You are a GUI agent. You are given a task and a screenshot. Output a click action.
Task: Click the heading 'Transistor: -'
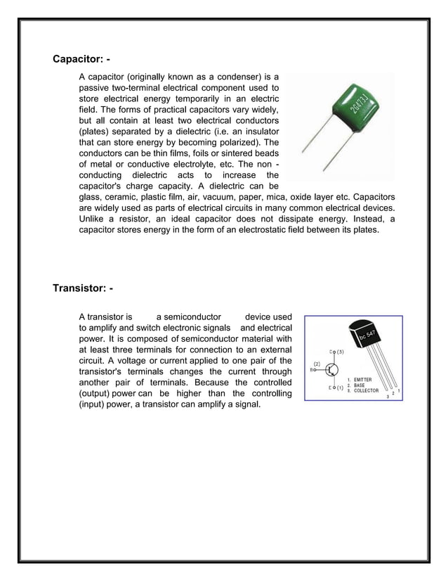click(x=83, y=288)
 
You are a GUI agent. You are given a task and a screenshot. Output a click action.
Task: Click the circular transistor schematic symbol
click(x=334, y=369)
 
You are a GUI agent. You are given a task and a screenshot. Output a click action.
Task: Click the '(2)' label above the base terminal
click(x=317, y=364)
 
